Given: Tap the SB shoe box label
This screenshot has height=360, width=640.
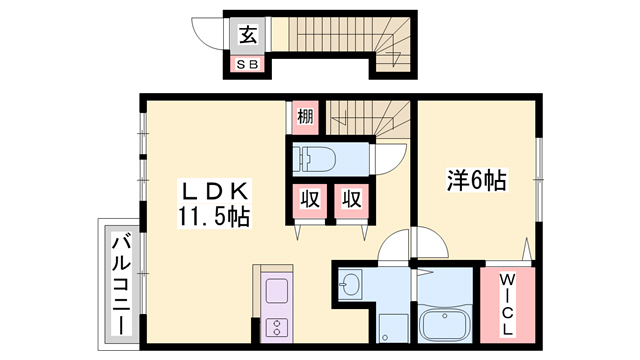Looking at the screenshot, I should [247, 65].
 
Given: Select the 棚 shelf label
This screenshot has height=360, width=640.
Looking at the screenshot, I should [304, 117].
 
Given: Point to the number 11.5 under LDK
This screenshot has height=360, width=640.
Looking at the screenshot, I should [200, 215].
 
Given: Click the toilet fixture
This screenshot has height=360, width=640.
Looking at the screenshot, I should [318, 157].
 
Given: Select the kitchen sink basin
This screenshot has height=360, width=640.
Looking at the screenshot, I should [275, 293].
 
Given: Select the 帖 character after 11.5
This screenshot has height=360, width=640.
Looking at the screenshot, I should [238, 215].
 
